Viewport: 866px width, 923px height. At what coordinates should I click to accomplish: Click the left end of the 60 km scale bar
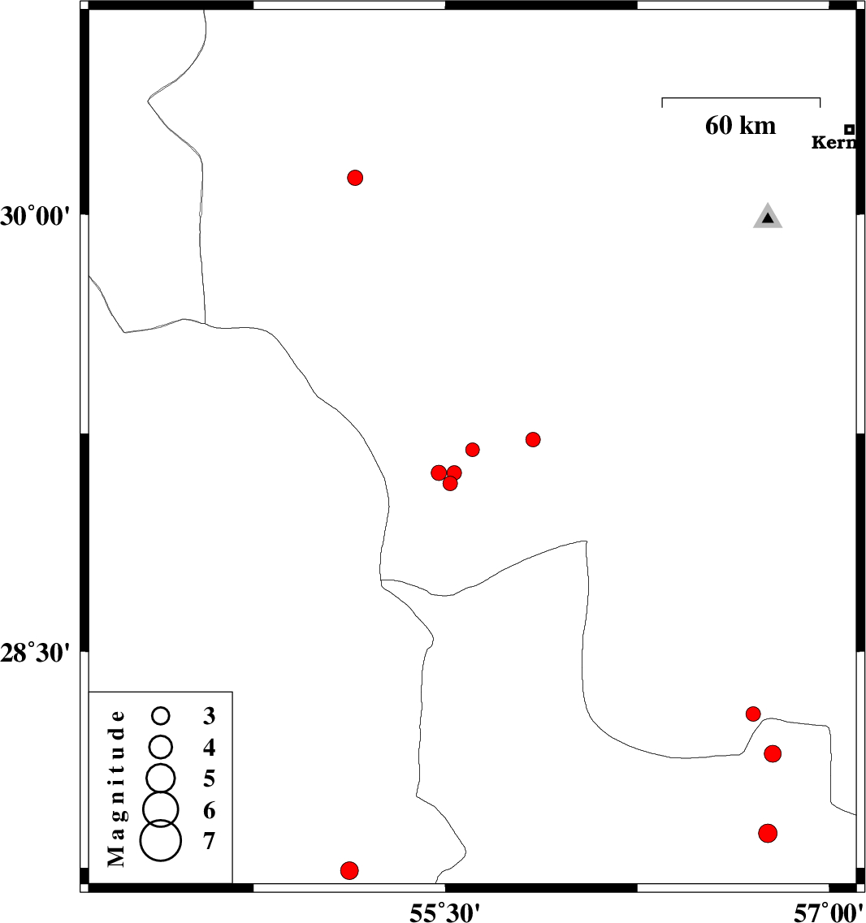tap(662, 97)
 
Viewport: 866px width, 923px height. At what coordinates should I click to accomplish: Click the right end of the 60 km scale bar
tap(820, 97)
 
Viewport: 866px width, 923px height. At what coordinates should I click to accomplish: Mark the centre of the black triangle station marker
tap(768, 218)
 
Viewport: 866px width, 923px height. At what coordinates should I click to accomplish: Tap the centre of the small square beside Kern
tap(850, 130)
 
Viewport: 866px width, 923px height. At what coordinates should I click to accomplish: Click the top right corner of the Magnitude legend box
tap(232, 692)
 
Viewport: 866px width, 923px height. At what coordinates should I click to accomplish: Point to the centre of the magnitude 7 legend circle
tap(161, 841)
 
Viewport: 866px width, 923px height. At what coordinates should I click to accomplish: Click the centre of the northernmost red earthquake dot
tap(355, 178)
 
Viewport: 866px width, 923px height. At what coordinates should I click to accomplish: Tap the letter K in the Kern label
tap(819, 142)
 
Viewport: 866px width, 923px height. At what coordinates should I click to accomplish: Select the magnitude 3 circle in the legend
tap(161, 716)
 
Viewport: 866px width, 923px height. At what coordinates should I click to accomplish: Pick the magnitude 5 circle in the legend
tap(161, 779)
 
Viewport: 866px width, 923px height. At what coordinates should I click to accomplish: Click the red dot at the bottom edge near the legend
tap(349, 870)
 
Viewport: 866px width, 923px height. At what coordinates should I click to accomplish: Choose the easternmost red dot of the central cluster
tap(533, 440)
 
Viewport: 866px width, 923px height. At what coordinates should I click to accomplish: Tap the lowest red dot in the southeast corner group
tap(768, 834)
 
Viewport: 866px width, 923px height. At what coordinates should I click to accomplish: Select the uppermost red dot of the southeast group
tap(753, 714)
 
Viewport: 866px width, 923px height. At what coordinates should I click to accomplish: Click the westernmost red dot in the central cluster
tap(439, 472)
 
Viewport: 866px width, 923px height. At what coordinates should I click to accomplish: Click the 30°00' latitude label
tap(36, 217)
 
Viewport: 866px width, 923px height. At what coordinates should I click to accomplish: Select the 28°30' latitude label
tap(36, 653)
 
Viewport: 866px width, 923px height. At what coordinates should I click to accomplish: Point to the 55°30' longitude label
tap(445, 912)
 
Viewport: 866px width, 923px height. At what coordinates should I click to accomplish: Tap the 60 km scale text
tap(741, 125)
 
